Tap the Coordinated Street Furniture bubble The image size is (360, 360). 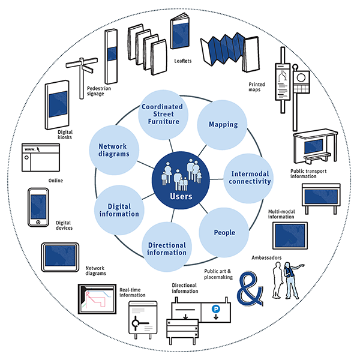162,114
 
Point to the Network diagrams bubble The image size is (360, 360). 114,149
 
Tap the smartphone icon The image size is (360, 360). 38,208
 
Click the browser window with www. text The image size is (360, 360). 41,157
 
